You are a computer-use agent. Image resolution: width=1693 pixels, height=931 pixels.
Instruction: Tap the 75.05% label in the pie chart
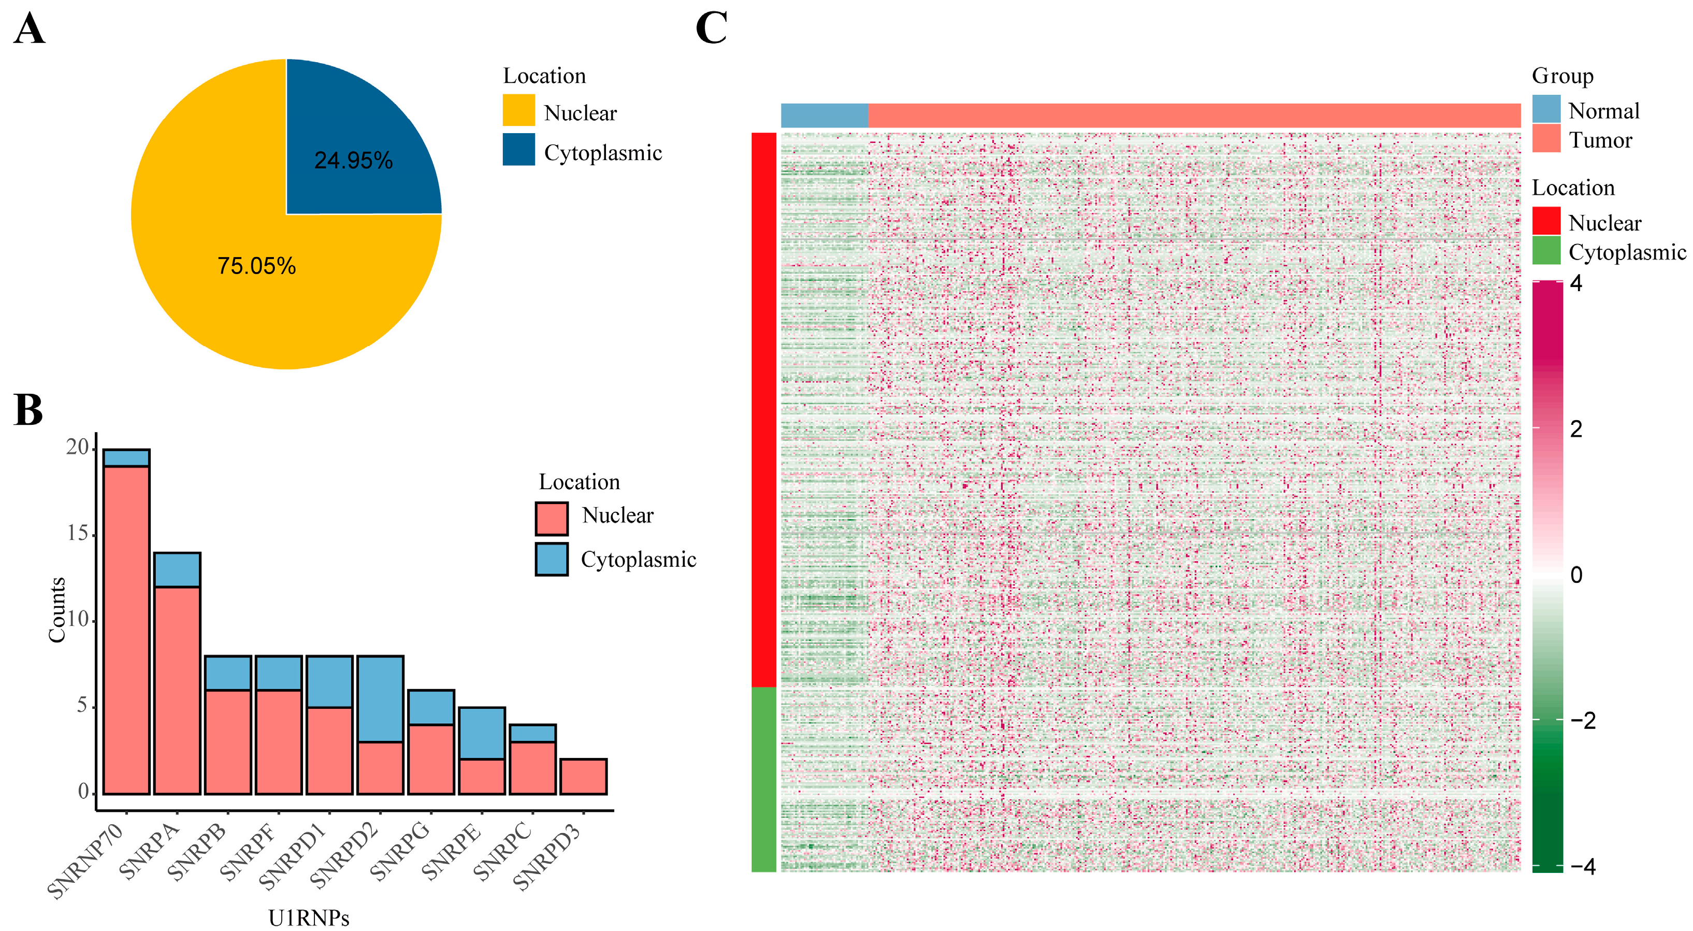[x=256, y=266]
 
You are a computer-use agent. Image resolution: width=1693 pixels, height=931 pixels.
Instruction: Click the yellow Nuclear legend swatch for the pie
[x=518, y=110]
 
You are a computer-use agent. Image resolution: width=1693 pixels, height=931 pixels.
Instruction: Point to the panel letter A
[x=29, y=30]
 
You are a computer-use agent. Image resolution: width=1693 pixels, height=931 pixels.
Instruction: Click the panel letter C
[x=711, y=29]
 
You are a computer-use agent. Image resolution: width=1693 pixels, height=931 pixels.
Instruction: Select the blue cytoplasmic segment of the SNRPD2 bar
[x=380, y=699]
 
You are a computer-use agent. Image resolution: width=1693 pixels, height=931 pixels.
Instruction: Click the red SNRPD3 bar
[x=583, y=777]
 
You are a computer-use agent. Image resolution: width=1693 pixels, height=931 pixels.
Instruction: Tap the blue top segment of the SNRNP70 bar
[x=126, y=457]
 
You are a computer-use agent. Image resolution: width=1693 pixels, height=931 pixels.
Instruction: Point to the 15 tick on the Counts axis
[x=78, y=534]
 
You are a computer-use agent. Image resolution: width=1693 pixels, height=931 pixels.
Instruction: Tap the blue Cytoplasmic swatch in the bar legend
[x=552, y=559]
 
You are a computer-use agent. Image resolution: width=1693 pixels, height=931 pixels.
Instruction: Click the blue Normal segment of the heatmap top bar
[x=824, y=115]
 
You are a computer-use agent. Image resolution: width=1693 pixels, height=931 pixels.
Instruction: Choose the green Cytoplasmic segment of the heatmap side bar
[x=764, y=779]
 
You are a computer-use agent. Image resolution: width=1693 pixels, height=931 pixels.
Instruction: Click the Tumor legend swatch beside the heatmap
[x=1546, y=139]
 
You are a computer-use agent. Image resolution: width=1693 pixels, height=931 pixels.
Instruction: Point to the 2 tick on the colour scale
[x=1575, y=429]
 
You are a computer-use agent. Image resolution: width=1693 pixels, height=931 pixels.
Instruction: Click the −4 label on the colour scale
[x=1583, y=867]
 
